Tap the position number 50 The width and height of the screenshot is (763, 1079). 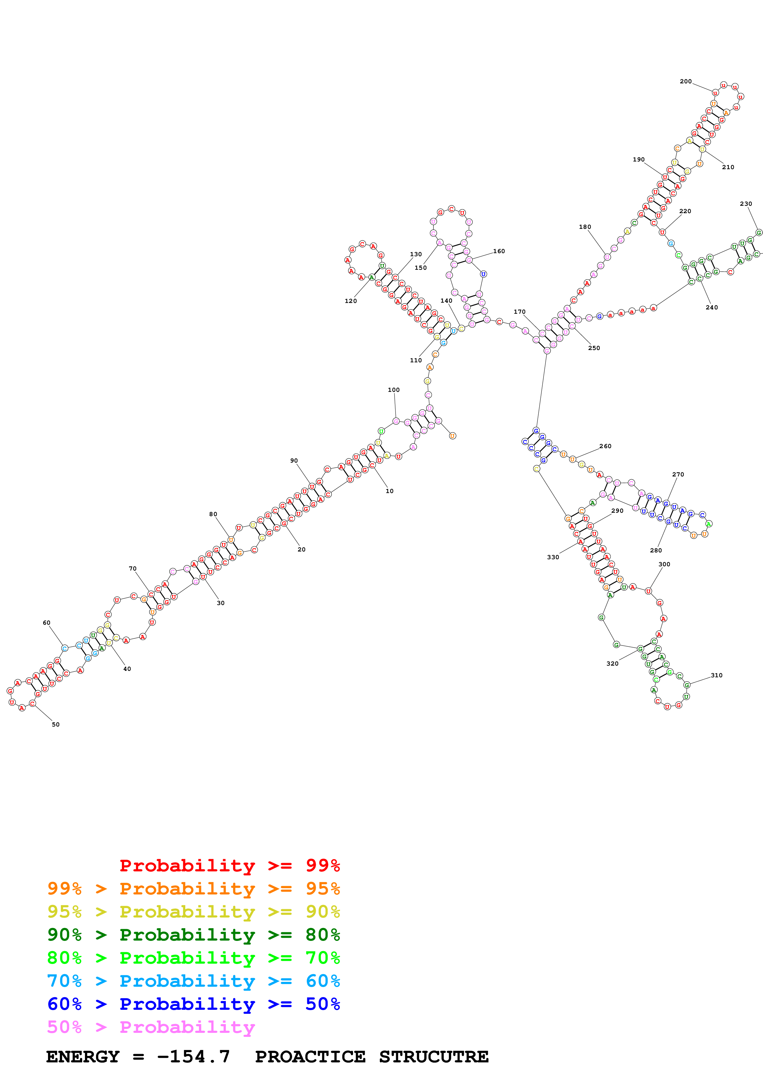(55, 724)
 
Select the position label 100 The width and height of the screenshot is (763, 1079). (393, 390)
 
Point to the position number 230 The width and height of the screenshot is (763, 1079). (745, 204)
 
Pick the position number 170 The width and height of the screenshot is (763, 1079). (520, 312)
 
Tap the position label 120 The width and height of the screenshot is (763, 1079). (351, 301)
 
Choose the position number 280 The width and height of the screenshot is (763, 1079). (656, 550)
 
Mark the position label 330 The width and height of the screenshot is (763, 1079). (553, 557)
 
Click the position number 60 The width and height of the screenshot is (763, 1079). (46, 623)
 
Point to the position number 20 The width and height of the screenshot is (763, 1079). (301, 549)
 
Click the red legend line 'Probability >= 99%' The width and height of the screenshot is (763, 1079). (229, 866)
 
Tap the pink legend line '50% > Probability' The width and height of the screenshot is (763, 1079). (151, 1027)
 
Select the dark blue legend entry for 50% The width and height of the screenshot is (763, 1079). (193, 1004)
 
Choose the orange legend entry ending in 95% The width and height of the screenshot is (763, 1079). (193, 889)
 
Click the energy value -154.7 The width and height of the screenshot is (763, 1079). (193, 1057)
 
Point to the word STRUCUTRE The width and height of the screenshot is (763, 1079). (433, 1057)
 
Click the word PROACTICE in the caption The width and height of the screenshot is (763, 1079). (310, 1057)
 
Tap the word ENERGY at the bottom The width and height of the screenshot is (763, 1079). (83, 1057)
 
